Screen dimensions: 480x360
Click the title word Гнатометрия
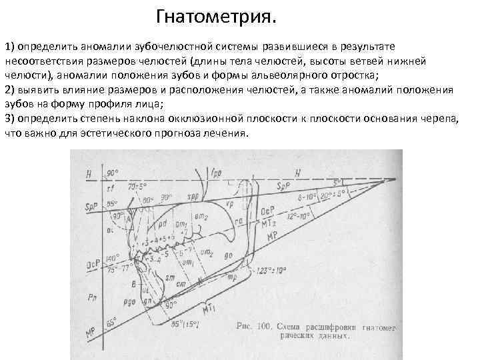pyautogui.click(x=215, y=16)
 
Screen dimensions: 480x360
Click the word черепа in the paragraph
pyautogui.click(x=439, y=119)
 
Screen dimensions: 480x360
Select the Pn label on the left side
pyautogui.click(x=91, y=294)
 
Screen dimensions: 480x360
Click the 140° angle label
pyautogui.click(x=112, y=257)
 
